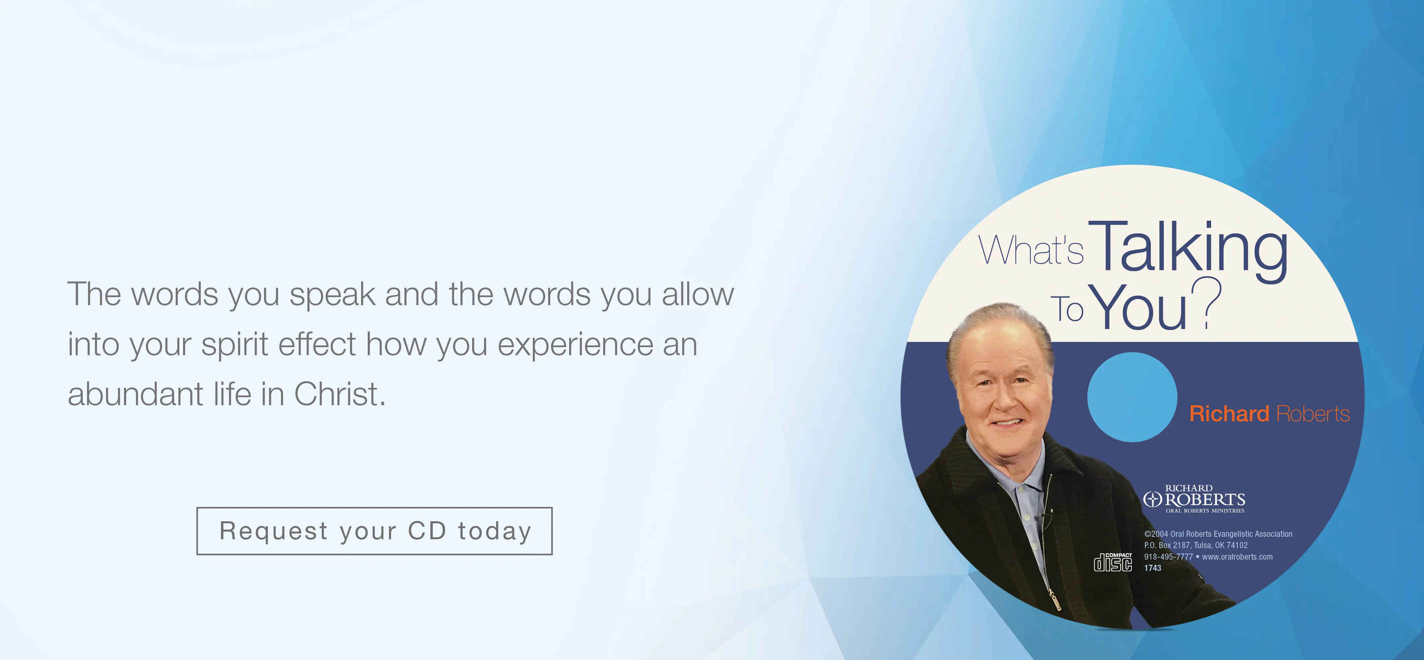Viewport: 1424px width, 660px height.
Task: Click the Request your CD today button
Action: [374, 531]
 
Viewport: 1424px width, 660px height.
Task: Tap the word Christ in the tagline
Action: [339, 394]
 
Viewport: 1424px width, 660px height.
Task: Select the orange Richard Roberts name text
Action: [1269, 414]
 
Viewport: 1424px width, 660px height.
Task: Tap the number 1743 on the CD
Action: [1153, 568]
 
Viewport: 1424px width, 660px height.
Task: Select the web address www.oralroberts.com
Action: [1237, 557]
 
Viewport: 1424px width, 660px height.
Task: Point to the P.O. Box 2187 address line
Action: [1196, 545]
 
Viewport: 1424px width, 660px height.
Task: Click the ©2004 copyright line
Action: [1218, 534]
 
